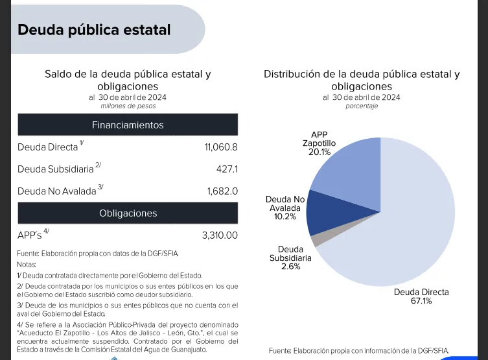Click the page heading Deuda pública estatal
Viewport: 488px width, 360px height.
(x=94, y=30)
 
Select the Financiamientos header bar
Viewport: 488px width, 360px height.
(x=128, y=125)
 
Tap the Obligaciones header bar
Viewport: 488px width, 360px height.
(x=128, y=213)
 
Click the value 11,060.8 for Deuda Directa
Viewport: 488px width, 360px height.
(x=221, y=147)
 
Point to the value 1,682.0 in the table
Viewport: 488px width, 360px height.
(x=222, y=191)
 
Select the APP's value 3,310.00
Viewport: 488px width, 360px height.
(x=220, y=235)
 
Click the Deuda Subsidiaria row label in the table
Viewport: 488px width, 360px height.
(x=56, y=169)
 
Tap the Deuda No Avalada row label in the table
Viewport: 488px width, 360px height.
(x=57, y=191)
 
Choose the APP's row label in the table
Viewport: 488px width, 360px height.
(x=29, y=235)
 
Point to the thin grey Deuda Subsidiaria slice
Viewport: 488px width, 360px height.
(x=315, y=239)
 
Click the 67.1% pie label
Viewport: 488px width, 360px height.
(x=421, y=301)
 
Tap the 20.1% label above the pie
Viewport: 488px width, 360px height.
(x=319, y=152)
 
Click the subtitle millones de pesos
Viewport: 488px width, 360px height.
(x=128, y=106)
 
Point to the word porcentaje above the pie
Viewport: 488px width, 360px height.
(x=361, y=106)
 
